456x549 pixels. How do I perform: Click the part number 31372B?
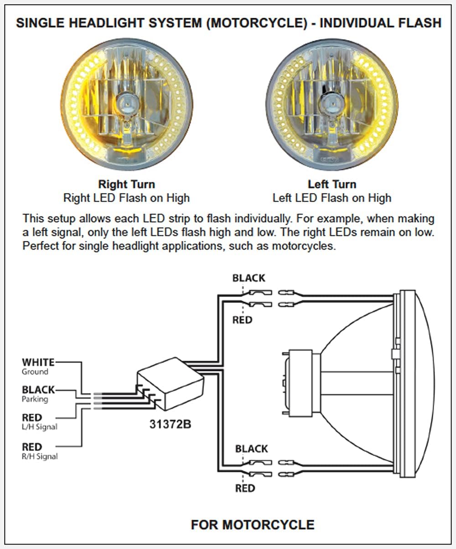click(170, 424)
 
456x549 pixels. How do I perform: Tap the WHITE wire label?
click(38, 362)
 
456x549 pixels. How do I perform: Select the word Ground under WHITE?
click(35, 372)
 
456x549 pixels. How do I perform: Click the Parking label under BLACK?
click(35, 400)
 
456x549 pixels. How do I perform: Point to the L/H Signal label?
click(40, 427)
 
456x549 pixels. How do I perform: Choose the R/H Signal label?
click(40, 456)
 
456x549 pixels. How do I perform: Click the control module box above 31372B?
click(170, 383)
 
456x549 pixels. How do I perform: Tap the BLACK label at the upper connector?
click(249, 278)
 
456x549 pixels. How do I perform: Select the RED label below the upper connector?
click(242, 320)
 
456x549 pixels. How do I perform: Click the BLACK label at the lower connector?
click(251, 449)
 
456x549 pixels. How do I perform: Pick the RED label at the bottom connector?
click(245, 488)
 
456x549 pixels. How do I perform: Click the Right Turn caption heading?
click(127, 185)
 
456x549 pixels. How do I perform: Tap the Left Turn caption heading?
click(332, 185)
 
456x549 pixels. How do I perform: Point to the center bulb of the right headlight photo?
click(332, 103)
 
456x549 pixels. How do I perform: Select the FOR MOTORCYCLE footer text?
click(253, 524)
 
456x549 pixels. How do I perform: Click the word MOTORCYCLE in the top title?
click(257, 23)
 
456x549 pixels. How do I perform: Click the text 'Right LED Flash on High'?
click(126, 198)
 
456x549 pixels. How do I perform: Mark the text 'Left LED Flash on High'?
click(332, 198)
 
